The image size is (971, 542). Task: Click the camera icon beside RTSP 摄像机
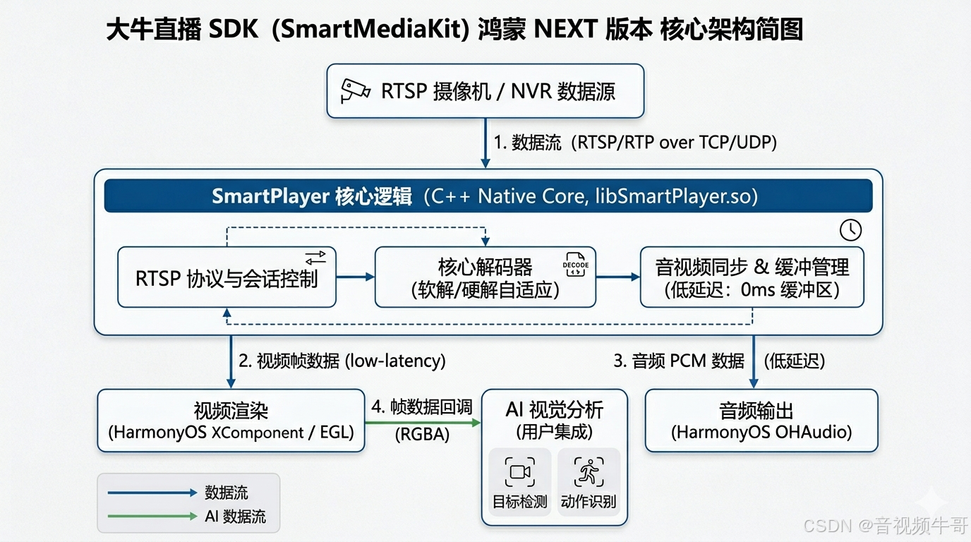coord(355,91)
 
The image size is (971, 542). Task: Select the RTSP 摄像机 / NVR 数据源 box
coord(485,91)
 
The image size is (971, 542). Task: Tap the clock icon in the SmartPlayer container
coord(851,230)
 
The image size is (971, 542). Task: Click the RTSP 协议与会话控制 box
coord(227,277)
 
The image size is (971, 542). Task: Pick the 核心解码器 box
coord(485,277)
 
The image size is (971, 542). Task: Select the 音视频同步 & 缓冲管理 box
coord(752,277)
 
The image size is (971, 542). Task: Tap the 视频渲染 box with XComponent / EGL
coord(231,421)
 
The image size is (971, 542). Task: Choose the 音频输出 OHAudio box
coord(761,421)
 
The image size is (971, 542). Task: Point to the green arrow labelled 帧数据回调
coord(423,423)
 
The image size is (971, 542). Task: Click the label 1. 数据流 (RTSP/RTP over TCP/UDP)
coord(634,143)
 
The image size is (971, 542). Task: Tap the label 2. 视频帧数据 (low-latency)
coord(342,361)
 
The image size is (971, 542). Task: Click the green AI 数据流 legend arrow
coord(152,516)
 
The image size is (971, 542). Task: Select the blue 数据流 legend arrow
coord(152,493)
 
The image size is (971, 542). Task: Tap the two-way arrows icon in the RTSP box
coord(315,258)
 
